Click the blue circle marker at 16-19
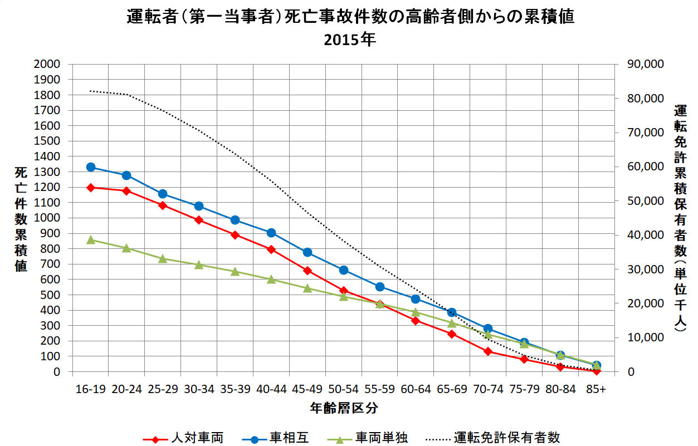90,167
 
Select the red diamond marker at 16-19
90,187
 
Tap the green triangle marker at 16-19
90,239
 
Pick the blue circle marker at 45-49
307,252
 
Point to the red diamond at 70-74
487,351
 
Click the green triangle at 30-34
199,264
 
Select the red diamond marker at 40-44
271,249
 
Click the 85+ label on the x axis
596,390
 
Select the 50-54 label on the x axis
343,390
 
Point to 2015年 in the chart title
349,41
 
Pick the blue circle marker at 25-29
163,194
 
